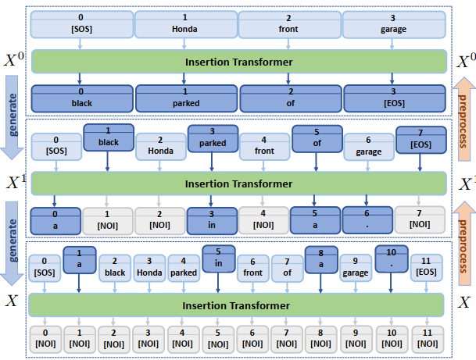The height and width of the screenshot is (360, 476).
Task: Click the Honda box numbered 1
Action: point(185,23)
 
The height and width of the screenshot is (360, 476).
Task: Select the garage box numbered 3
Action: point(393,23)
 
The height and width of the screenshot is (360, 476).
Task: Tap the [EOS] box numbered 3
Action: point(393,97)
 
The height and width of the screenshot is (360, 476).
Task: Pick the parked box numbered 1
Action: point(185,97)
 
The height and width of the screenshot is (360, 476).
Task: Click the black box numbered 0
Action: point(81,97)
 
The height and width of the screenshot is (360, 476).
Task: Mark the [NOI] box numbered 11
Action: point(426,338)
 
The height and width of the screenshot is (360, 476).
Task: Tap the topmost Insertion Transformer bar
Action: point(238,61)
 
